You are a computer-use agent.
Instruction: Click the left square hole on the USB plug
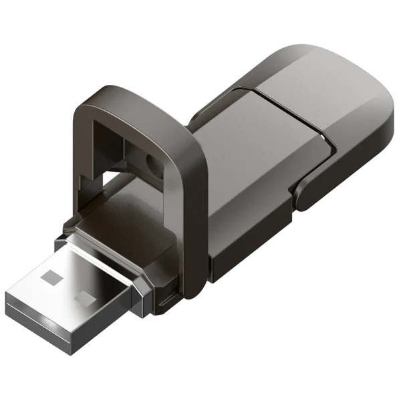(52, 273)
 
